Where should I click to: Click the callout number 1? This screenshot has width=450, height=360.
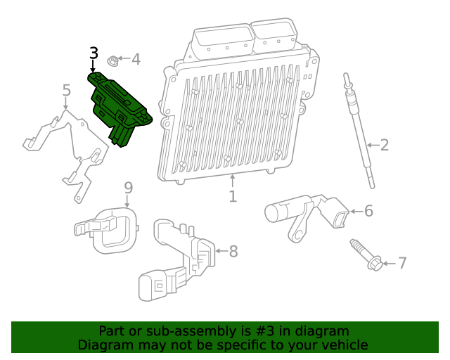(x=233, y=196)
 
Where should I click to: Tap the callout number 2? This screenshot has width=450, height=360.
(x=385, y=146)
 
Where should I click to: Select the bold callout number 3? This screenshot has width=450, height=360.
(x=94, y=53)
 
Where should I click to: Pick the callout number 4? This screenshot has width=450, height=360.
(x=136, y=60)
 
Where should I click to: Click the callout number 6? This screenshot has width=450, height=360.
(x=368, y=210)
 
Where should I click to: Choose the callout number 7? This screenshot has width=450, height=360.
(x=402, y=263)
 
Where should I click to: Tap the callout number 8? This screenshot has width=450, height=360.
(x=233, y=250)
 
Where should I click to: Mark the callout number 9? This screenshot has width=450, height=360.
(x=128, y=188)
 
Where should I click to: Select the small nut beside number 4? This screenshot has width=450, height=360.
(x=112, y=60)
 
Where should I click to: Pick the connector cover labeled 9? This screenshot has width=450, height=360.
(x=109, y=229)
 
